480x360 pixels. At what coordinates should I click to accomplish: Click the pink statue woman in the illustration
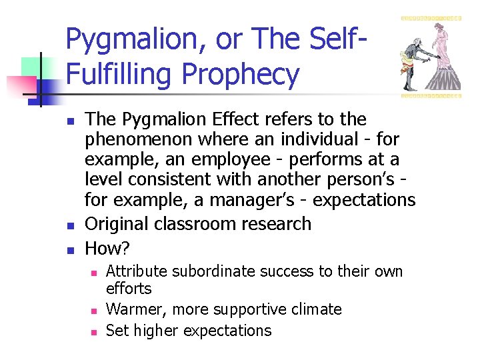(441, 47)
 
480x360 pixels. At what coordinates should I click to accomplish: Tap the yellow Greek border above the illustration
(431, 18)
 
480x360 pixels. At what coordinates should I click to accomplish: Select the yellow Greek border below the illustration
(431, 95)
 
